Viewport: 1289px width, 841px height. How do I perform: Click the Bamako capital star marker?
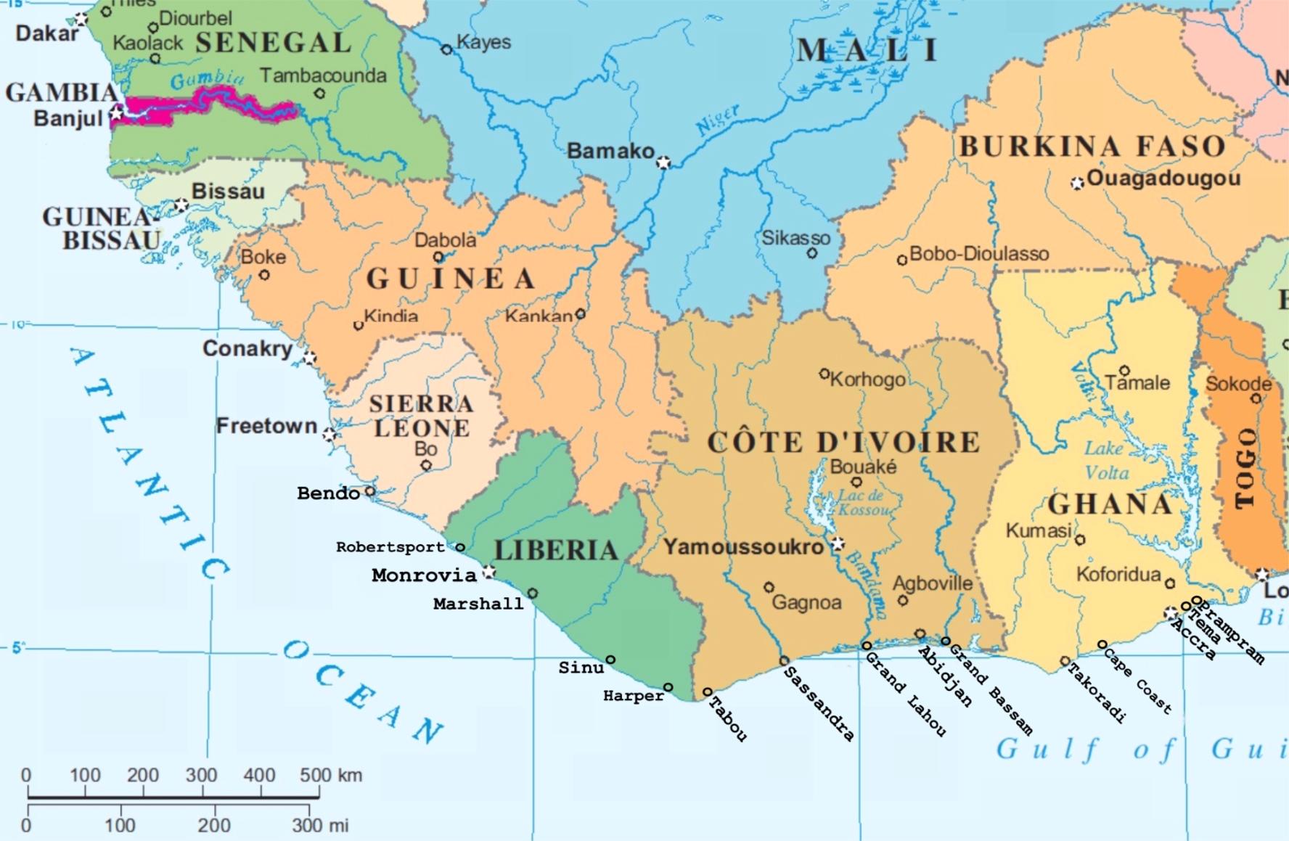pyautogui.click(x=663, y=163)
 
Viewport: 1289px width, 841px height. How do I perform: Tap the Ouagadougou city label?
pyautogui.click(x=1163, y=179)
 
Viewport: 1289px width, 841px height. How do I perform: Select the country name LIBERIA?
pyautogui.click(x=556, y=549)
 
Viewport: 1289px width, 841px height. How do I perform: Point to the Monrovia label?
pyautogui.click(x=424, y=575)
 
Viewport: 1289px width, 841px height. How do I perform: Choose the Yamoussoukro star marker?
pyautogui.click(x=838, y=543)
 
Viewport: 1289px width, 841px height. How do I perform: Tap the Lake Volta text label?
pyautogui.click(x=1106, y=460)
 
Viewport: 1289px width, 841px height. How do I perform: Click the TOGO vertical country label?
pyautogui.click(x=1245, y=468)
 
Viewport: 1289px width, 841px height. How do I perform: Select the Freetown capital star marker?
pyautogui.click(x=330, y=435)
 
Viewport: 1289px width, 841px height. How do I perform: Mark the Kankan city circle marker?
pyautogui.click(x=580, y=314)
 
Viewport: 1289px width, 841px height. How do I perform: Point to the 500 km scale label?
pyautogui.click(x=331, y=775)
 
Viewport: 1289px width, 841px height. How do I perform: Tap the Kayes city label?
pyautogui.click(x=483, y=42)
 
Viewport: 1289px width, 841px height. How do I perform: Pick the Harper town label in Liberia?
pyautogui.click(x=633, y=696)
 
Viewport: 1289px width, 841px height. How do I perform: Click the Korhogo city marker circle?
pyautogui.click(x=824, y=374)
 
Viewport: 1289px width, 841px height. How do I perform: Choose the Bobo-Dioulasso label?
pyautogui.click(x=978, y=254)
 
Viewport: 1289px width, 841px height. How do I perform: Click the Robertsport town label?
pyautogui.click(x=390, y=547)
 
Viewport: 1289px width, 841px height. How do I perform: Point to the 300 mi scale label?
pyautogui.click(x=320, y=825)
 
